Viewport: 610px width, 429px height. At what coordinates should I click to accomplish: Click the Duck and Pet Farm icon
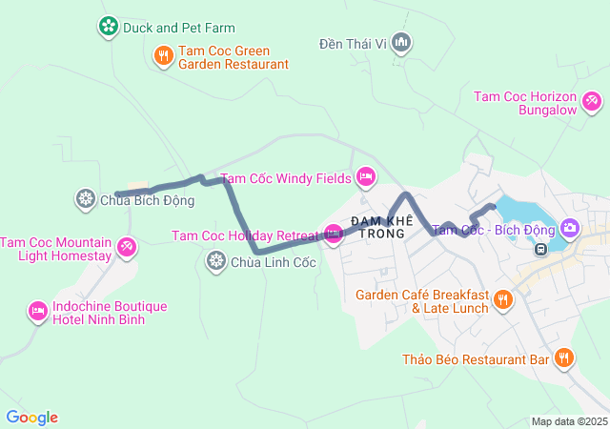pyautogui.click(x=109, y=27)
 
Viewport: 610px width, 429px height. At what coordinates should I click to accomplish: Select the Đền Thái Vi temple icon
pyautogui.click(x=401, y=42)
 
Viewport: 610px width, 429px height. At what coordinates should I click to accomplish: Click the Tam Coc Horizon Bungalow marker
pyautogui.click(x=591, y=99)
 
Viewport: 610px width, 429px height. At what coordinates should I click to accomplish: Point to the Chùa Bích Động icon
pyautogui.click(x=85, y=199)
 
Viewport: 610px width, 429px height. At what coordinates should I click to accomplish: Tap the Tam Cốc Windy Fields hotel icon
pyautogui.click(x=365, y=176)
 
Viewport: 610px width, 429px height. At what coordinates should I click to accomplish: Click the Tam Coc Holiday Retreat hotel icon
pyautogui.click(x=333, y=234)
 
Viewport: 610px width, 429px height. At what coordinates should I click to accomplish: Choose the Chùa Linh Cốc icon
pyautogui.click(x=216, y=260)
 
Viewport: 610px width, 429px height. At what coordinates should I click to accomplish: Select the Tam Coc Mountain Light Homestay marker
pyautogui.click(x=127, y=249)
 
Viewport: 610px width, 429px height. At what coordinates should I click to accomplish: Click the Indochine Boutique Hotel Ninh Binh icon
pyautogui.click(x=38, y=312)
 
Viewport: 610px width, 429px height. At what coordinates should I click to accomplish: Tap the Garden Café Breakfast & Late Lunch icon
pyautogui.click(x=503, y=301)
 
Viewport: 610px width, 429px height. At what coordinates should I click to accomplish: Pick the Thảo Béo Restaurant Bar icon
pyautogui.click(x=564, y=358)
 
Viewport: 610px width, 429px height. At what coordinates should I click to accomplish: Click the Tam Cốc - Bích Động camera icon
pyautogui.click(x=570, y=228)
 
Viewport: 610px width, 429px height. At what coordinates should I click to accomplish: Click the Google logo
pyautogui.click(x=31, y=418)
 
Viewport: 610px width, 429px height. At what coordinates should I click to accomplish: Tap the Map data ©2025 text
pyautogui.click(x=568, y=421)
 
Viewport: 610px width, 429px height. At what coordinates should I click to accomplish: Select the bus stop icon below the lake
pyautogui.click(x=540, y=250)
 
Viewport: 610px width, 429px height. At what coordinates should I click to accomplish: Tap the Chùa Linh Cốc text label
pyautogui.click(x=274, y=261)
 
